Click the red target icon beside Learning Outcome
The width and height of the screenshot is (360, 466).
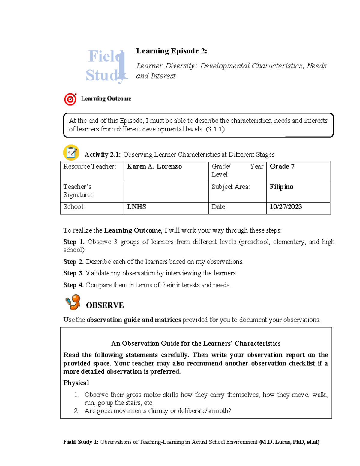(x=70, y=99)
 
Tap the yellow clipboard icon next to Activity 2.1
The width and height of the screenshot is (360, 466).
(x=71, y=152)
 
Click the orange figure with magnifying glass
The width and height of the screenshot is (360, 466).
(x=73, y=302)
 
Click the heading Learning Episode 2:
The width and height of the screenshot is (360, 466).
(x=172, y=51)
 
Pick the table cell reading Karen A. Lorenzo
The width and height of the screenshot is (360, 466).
(x=154, y=167)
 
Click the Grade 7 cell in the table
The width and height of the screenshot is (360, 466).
(x=282, y=167)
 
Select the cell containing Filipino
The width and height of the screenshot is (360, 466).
(x=281, y=187)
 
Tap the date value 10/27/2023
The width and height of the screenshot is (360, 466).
(x=286, y=207)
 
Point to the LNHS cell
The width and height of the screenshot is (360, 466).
(x=136, y=207)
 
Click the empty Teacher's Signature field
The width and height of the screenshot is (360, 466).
(x=166, y=192)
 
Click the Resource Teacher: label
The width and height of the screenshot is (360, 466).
(x=89, y=167)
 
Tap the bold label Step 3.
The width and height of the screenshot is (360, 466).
(x=73, y=273)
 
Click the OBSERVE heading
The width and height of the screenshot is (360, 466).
(x=105, y=305)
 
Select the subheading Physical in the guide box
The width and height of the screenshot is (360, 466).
(x=76, y=383)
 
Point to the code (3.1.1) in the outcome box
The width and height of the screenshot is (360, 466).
(x=215, y=129)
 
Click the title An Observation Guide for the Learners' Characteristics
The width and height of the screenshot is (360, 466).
(x=196, y=344)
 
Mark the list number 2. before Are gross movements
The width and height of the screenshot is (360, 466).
(x=76, y=411)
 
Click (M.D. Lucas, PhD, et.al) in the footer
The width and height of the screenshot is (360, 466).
(x=289, y=442)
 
